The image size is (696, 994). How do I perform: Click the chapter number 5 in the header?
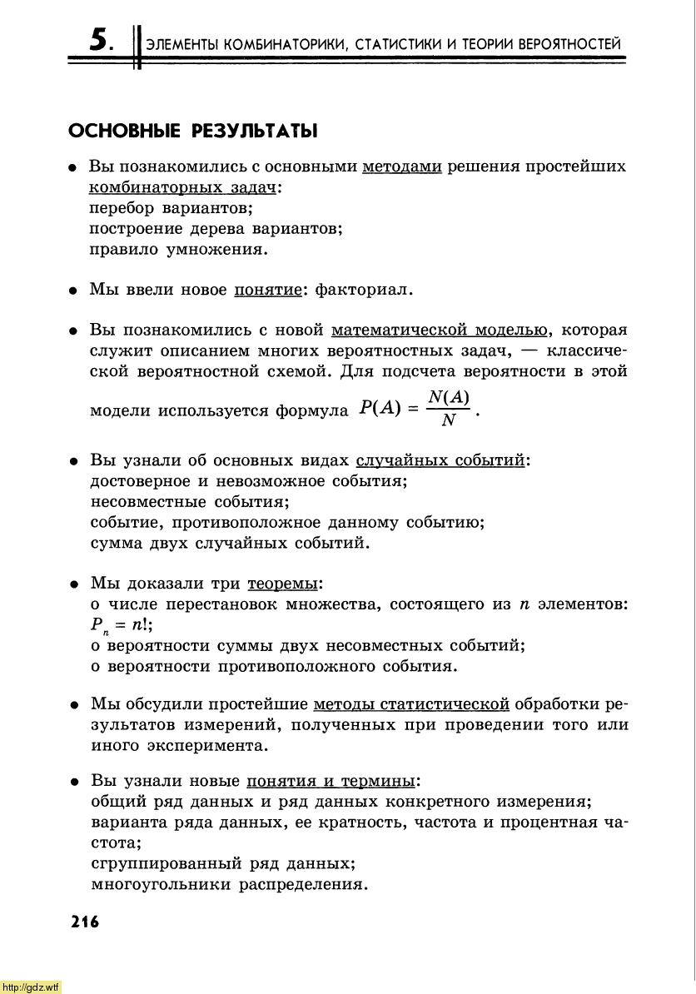click(101, 39)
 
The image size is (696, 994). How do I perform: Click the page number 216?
click(85, 922)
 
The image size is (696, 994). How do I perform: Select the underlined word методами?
click(402, 166)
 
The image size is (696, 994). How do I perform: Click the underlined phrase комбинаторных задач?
click(182, 187)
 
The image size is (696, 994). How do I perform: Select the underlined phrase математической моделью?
click(440, 330)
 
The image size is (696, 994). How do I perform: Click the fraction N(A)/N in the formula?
click(449, 408)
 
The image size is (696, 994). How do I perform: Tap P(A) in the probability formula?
click(380, 408)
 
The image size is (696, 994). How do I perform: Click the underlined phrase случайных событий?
click(440, 460)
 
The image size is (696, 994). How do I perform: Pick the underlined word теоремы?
click(283, 584)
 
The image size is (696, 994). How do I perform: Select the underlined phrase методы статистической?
click(411, 704)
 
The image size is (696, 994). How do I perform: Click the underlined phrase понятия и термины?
click(331, 782)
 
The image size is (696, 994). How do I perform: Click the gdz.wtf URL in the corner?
click(31, 987)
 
